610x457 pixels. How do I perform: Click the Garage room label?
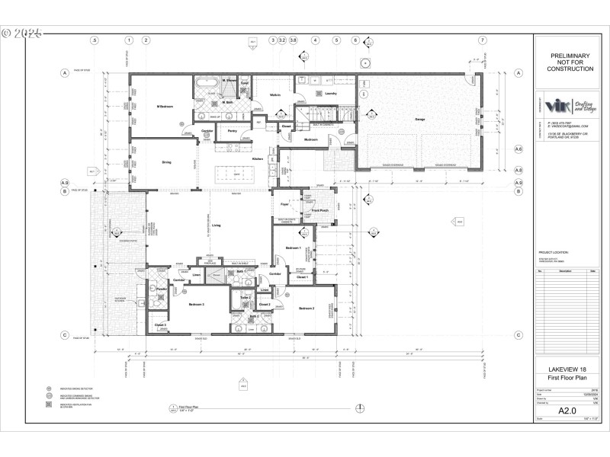coord(419,120)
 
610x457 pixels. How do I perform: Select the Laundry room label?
coord(330,94)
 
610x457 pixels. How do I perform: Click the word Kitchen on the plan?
coord(258,158)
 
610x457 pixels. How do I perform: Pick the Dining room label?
coord(166,161)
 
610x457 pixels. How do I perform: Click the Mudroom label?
coord(311,139)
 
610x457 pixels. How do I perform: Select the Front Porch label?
coord(319,210)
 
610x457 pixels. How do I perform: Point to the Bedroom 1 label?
coord(293,248)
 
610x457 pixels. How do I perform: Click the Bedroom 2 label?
coord(306,308)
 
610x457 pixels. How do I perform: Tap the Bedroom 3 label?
coord(196,304)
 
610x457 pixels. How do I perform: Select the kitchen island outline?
coord(237,172)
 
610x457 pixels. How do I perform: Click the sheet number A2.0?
coord(566,411)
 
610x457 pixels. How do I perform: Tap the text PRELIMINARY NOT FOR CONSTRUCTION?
coord(570,62)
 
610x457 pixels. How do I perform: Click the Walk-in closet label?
coord(275,95)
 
